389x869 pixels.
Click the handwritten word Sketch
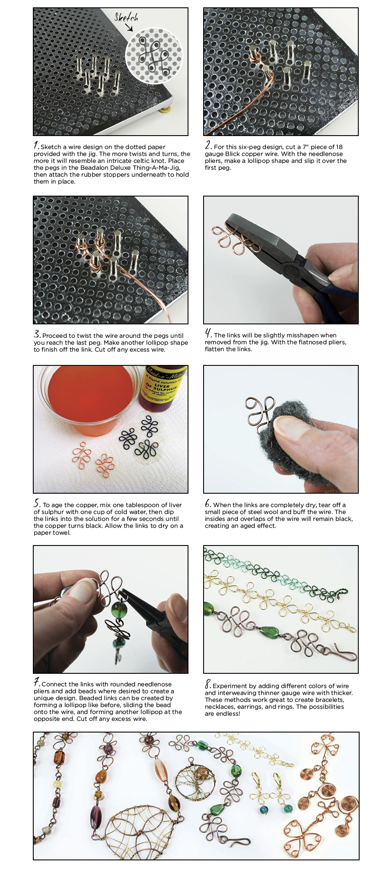(x=126, y=17)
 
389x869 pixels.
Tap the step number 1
(x=37, y=146)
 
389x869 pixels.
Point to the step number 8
(x=208, y=685)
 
